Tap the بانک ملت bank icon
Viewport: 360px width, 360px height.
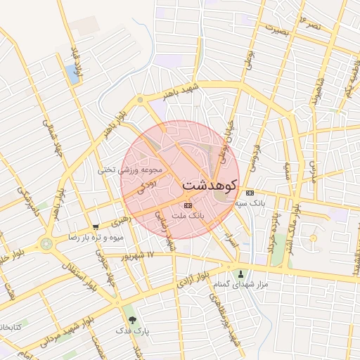coord(187,205)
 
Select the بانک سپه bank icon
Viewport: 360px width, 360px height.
coord(250,193)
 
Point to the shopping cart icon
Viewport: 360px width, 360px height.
coord(96,226)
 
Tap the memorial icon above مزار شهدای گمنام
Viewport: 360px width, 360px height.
coord(242,274)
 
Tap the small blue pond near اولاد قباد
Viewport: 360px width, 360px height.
coord(73,70)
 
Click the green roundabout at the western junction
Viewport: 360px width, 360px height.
coord(47,244)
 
